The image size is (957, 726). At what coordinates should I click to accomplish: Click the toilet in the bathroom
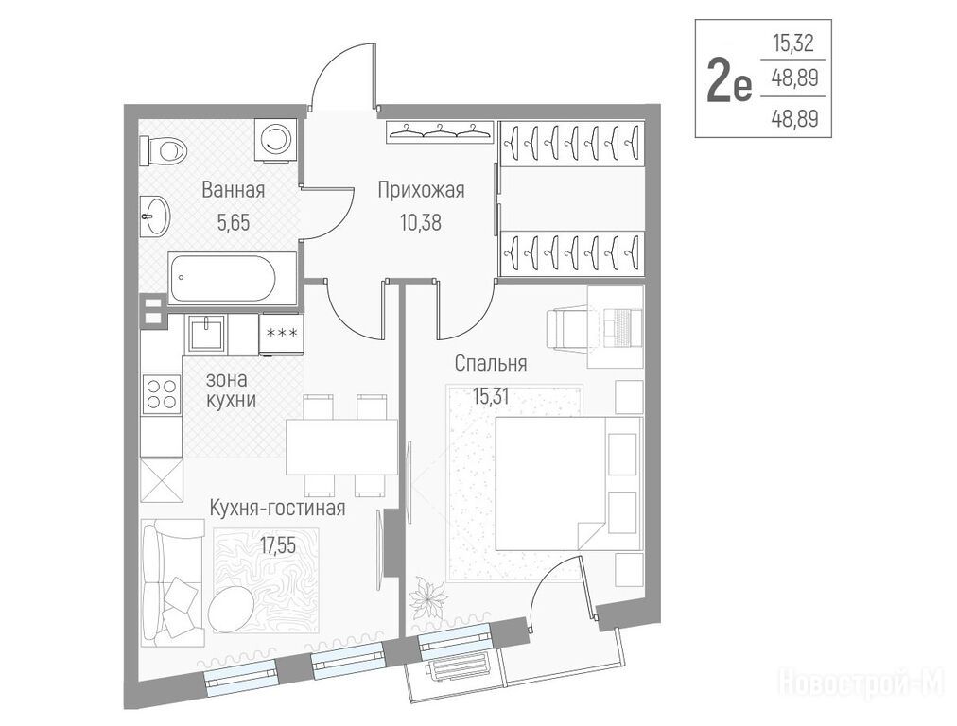[x=163, y=149]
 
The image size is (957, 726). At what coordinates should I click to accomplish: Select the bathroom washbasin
[x=155, y=216]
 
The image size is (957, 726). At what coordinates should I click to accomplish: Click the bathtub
[x=233, y=279]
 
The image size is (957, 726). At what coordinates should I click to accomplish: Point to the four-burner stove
[x=162, y=394]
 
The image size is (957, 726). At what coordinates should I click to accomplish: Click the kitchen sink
[x=206, y=333]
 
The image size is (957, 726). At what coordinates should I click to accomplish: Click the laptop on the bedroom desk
[x=622, y=325]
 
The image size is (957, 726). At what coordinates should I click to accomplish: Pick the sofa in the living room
[x=173, y=582]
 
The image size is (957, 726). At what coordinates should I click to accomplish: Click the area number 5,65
[x=234, y=223]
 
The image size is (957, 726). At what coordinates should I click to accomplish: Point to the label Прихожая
[x=421, y=190]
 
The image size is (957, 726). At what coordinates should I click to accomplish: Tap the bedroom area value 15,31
[x=491, y=397]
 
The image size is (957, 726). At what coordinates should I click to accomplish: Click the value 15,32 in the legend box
[x=792, y=43]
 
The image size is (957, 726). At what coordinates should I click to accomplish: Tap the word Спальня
[x=490, y=364]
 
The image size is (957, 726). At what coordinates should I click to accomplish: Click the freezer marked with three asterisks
[x=282, y=334]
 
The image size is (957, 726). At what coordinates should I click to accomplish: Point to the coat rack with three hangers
[x=439, y=130]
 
